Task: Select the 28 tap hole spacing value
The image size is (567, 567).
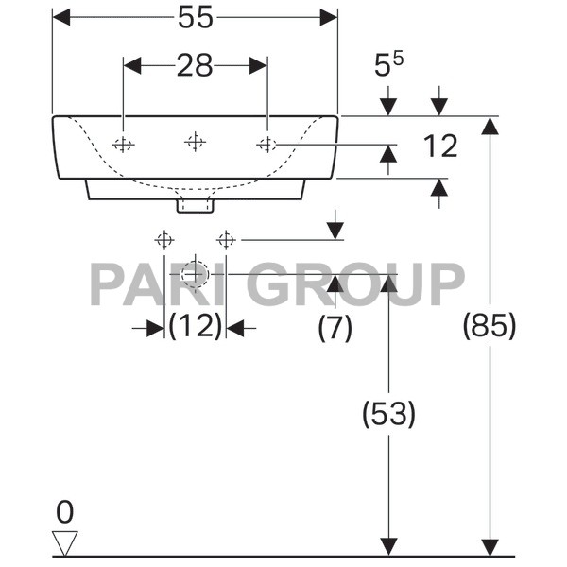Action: [194, 65]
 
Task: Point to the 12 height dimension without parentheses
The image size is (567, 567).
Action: [439, 146]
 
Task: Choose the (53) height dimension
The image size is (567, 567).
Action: [388, 413]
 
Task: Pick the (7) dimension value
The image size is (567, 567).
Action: [335, 327]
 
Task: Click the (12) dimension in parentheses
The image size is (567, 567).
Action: [195, 327]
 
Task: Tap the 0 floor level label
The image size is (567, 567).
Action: [64, 512]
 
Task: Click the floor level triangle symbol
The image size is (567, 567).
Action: [65, 542]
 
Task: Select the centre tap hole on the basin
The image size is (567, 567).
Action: [195, 143]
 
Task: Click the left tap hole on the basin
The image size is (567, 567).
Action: [123, 144]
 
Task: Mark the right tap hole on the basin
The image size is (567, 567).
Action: [266, 144]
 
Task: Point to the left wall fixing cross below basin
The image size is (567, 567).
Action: [164, 238]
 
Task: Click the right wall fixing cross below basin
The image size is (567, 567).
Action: [225, 238]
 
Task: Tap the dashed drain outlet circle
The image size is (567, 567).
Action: [195, 273]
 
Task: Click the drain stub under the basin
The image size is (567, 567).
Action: [195, 203]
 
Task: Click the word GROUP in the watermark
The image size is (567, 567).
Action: [360, 283]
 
